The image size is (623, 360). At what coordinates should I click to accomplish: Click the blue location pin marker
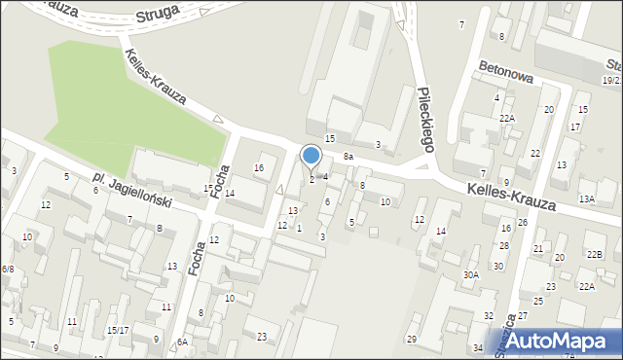coord(311,156)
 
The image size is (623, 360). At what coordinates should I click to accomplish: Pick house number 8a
coord(348,156)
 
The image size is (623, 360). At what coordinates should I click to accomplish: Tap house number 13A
coord(586,198)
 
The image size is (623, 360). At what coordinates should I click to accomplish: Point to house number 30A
coord(471,275)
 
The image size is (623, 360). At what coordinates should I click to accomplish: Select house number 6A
coord(182,342)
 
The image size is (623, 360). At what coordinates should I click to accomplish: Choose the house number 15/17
coord(118,330)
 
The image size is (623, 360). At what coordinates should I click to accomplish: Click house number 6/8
coord(8,269)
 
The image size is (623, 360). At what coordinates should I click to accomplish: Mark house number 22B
coord(594,255)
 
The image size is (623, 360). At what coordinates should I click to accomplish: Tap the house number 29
coord(412,339)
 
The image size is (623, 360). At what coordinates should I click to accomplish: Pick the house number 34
coord(477,347)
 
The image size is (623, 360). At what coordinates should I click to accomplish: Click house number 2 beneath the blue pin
coord(311,178)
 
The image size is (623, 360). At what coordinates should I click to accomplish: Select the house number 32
coord(489,316)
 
